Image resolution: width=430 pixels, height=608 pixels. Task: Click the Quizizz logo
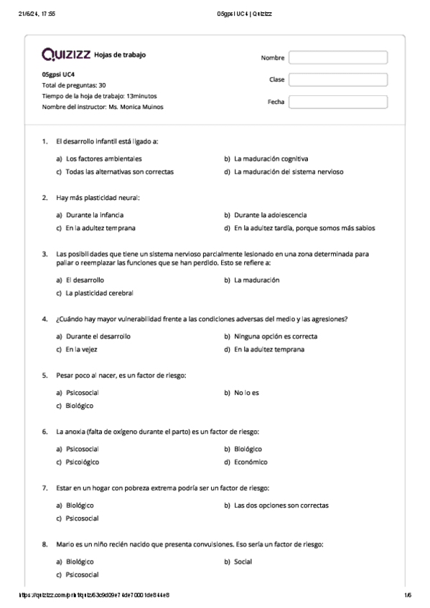66,54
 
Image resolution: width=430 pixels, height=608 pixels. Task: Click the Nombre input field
337,57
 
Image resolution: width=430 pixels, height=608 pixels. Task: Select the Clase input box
337,80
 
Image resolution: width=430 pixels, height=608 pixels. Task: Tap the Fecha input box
337,102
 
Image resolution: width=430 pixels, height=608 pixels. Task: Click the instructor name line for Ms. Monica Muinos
103,107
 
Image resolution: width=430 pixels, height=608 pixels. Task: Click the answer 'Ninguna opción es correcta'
276,336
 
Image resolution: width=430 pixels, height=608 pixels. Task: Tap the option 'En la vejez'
81,350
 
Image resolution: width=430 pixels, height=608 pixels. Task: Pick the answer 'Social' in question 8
243,561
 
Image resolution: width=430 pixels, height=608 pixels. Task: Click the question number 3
45,253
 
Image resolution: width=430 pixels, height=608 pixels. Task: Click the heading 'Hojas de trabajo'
120,55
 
